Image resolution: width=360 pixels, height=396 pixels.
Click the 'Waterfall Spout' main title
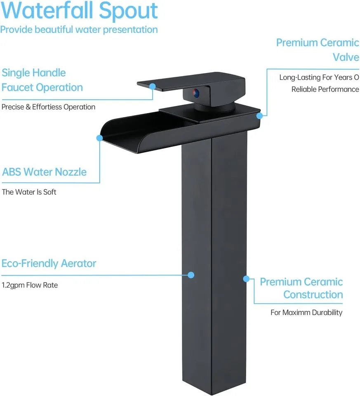click(x=79, y=11)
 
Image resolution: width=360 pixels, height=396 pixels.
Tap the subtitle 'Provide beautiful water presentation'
click(x=79, y=30)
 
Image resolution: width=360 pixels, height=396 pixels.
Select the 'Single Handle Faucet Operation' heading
click(x=42, y=80)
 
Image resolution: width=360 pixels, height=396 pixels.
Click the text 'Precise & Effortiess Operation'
click(x=48, y=107)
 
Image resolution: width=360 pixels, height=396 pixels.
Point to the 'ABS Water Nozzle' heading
click(x=45, y=172)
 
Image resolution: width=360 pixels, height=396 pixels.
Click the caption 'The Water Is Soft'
click(x=29, y=192)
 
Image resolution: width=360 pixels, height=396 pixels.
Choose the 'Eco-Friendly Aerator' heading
click(x=49, y=263)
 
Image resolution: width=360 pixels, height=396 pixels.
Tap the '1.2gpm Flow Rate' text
click(x=30, y=285)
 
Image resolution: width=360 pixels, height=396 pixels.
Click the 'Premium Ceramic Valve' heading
click(x=318, y=49)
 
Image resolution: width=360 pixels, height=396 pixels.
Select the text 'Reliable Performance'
click(x=325, y=89)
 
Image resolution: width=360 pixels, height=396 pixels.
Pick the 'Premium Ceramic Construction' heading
click(x=301, y=288)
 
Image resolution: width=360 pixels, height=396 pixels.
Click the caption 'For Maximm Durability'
click(x=306, y=313)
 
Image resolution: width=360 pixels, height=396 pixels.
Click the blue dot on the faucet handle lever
click(x=153, y=87)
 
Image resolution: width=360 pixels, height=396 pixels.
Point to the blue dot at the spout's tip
click(x=99, y=138)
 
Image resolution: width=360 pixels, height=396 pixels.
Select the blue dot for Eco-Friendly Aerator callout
click(x=191, y=275)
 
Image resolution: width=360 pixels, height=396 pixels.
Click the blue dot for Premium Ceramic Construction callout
click(x=246, y=279)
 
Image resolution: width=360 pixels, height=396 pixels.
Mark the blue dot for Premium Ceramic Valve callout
click(x=259, y=116)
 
